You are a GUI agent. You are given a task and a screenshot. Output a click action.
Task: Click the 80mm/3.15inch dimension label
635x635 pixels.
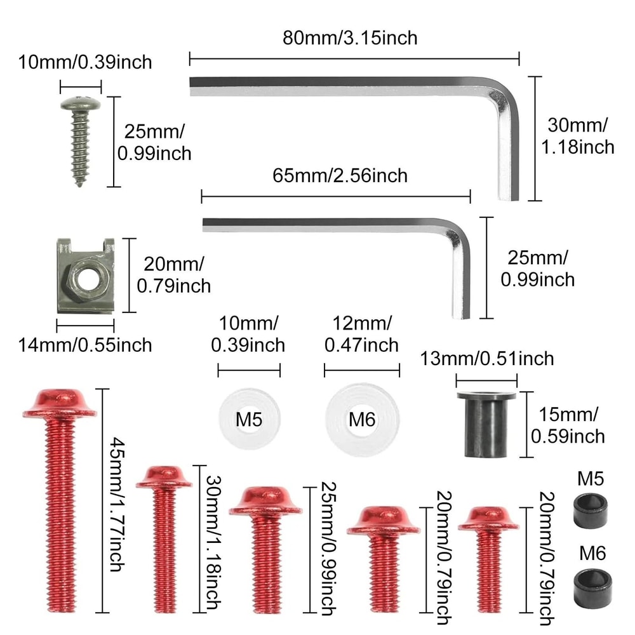pos(350,37)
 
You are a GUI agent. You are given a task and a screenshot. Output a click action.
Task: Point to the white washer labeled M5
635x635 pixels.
pos(249,419)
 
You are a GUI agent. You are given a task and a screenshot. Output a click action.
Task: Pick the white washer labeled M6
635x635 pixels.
pos(362,419)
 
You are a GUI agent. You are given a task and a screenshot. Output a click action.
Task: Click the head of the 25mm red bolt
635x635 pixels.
pos(265,500)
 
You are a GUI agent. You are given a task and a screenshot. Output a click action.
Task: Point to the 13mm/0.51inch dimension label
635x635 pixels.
pos(486,358)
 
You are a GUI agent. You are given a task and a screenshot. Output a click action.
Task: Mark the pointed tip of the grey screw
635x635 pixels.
pos(81,184)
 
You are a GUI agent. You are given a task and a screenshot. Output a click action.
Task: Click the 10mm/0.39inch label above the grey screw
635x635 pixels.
pos(84,62)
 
